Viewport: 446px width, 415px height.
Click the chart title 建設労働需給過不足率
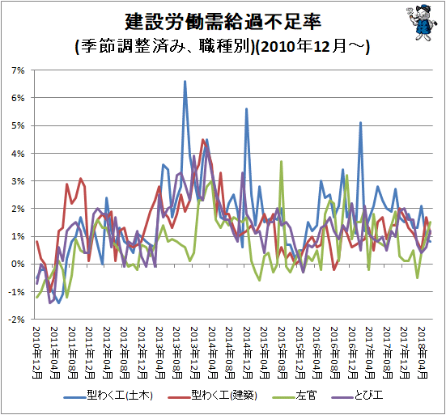(x=223, y=22)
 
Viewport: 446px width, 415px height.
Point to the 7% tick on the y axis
(x=18, y=70)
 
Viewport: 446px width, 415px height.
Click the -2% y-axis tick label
(x=16, y=320)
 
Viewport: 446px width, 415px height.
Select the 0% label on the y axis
(x=18, y=264)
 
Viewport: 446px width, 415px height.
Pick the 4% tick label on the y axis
(x=18, y=154)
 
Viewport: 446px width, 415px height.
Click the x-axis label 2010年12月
(x=37, y=353)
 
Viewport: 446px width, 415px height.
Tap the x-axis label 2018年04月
(x=423, y=353)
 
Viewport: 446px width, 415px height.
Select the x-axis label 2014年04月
(x=212, y=353)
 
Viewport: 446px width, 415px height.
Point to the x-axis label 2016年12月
(x=353, y=353)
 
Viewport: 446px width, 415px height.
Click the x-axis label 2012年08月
(x=125, y=353)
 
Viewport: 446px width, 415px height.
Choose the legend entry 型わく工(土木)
(x=108, y=396)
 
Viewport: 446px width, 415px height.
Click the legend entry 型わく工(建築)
(x=212, y=396)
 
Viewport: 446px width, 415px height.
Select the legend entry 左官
(x=294, y=396)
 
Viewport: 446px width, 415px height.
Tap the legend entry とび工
(x=357, y=396)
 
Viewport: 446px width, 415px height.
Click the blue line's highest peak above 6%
(x=185, y=82)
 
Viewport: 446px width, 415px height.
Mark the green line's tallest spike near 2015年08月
(x=281, y=162)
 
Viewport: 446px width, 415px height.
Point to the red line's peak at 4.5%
(x=203, y=140)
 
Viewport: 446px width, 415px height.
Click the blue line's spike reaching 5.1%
(x=360, y=123)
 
